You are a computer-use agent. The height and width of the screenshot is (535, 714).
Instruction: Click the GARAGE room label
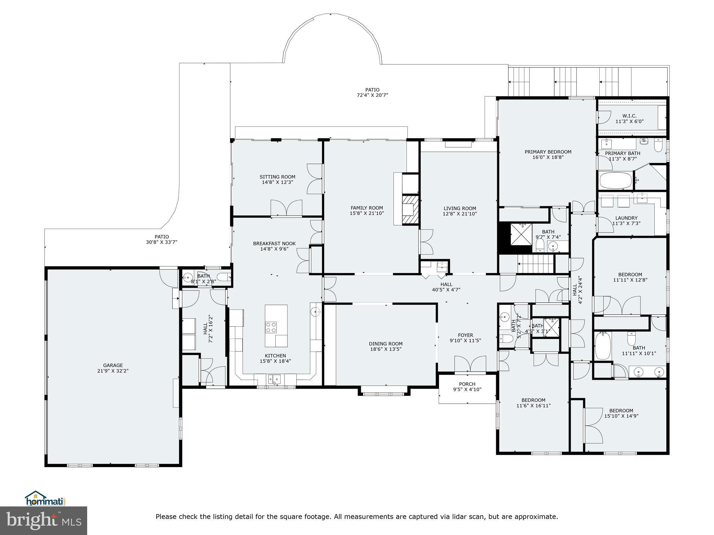tap(113, 365)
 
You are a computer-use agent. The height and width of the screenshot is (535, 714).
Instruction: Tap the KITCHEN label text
tap(275, 356)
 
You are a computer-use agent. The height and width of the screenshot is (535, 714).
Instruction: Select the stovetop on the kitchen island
tap(271, 327)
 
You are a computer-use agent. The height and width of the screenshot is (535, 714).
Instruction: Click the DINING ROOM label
tap(386, 343)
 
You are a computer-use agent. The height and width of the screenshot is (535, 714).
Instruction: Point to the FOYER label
tap(465, 335)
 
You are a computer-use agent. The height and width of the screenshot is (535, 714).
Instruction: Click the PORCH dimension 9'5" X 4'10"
tap(467, 389)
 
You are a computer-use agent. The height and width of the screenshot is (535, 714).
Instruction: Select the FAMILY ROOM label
tap(367, 208)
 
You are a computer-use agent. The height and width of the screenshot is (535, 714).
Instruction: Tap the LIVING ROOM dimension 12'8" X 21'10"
tap(460, 214)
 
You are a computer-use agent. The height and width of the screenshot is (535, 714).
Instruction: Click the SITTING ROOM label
tap(277, 177)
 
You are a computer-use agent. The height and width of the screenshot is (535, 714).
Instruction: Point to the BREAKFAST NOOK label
tap(274, 243)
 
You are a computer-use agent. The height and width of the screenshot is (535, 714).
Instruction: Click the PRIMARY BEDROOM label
tap(548, 152)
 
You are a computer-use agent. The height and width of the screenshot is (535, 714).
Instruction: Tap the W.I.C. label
tap(629, 116)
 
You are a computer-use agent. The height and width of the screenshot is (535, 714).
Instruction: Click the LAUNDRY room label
tap(626, 218)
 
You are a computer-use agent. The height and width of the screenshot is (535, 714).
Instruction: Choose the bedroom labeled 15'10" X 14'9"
tap(621, 413)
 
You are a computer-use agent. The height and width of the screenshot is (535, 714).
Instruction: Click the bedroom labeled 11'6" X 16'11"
tap(533, 403)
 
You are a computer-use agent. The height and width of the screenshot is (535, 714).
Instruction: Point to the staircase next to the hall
tap(535, 264)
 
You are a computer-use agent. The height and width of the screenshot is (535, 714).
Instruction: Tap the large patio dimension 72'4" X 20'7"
tap(372, 95)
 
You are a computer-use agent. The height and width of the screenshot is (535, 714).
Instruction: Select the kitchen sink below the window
tap(275, 379)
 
